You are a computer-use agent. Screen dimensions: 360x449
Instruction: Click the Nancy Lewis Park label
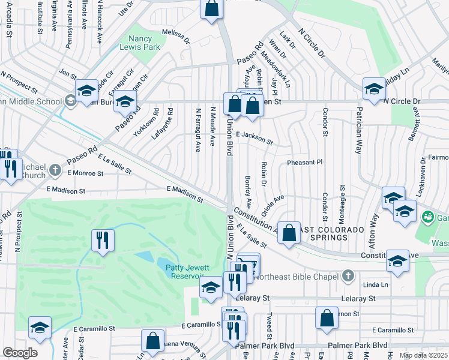coord(139,41)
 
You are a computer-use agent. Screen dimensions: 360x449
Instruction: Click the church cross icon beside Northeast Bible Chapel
coord(346,275)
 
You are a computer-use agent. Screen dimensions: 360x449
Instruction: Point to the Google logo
coord(20,353)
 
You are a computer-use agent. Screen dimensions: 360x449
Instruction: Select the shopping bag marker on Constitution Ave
coord(289,233)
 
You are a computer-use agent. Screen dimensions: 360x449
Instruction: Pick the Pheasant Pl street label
coord(304,162)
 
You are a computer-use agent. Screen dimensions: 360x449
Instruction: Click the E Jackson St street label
coord(254,139)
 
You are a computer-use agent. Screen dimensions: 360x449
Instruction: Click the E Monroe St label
coord(85,173)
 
